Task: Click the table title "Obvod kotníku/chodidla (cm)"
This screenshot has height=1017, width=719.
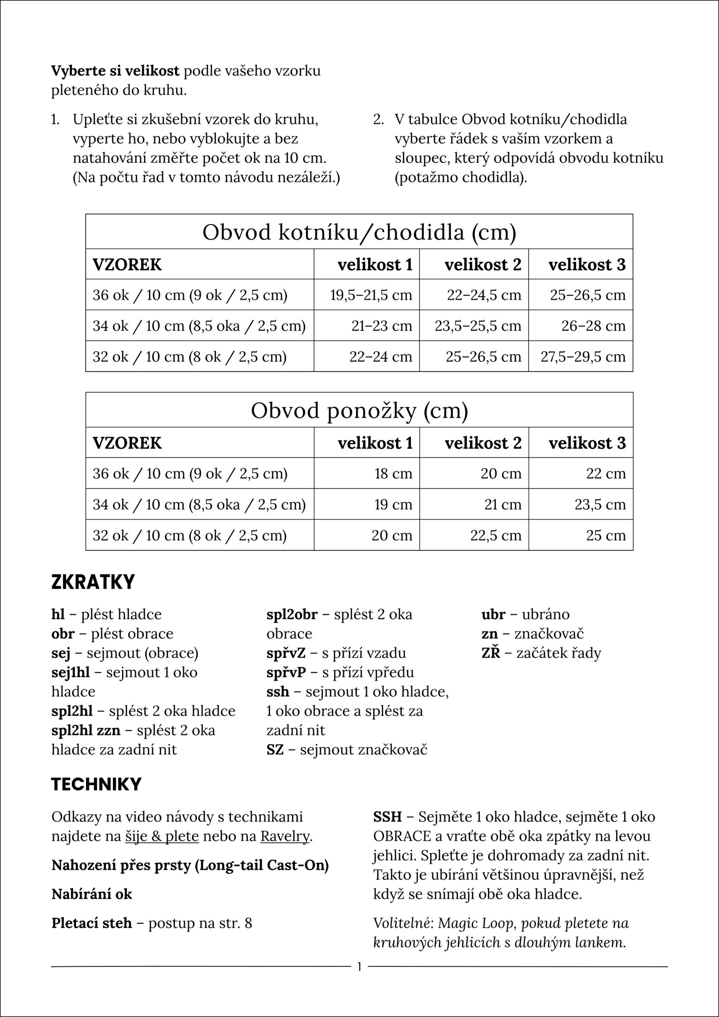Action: tap(359, 232)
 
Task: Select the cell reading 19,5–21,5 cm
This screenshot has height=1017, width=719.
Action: tap(371, 295)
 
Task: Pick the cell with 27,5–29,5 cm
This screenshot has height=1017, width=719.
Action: tap(583, 357)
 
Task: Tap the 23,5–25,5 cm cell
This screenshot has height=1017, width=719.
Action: tap(478, 326)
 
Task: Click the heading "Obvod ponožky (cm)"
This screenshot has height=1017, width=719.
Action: tap(359, 411)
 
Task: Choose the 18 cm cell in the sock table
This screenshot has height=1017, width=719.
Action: tap(393, 474)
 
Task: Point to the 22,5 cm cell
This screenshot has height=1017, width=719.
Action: tap(495, 536)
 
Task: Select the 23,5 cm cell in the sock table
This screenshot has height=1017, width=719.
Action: tap(600, 505)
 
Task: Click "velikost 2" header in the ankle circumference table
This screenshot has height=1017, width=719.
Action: tap(483, 265)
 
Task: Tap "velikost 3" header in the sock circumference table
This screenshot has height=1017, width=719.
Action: tap(587, 443)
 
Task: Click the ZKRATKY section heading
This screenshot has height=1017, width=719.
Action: tap(93, 582)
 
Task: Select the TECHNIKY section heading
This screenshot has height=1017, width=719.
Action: tap(96, 785)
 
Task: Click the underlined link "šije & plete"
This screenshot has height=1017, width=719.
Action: tap(162, 836)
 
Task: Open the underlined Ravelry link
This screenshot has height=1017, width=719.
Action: tap(285, 836)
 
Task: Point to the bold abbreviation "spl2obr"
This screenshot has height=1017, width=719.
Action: tap(292, 614)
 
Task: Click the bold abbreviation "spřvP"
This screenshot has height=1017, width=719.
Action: tap(286, 673)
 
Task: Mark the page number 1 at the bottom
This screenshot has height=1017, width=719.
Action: tap(359, 967)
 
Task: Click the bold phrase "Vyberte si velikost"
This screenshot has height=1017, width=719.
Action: tap(115, 71)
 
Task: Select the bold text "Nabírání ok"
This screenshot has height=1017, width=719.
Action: tap(92, 894)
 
